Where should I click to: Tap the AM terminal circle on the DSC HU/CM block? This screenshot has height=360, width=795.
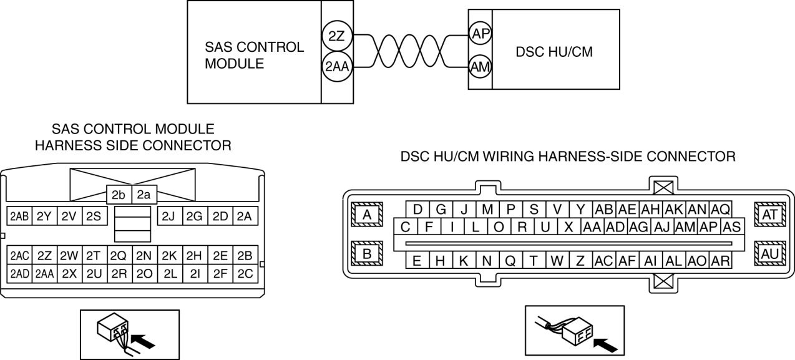coord(479,67)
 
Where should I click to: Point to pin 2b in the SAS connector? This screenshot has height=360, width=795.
coord(119,195)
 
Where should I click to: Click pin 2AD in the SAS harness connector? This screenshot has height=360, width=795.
coord(19,273)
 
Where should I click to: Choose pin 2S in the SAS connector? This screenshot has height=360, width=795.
coord(94,216)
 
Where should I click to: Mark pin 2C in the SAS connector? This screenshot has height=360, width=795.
coord(245,273)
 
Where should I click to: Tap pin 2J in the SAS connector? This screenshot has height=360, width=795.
coord(168,216)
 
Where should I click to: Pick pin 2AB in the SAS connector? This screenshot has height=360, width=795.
coord(19,216)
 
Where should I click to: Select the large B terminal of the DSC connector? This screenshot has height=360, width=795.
coord(367,254)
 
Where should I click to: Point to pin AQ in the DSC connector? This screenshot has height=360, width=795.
coord(720,209)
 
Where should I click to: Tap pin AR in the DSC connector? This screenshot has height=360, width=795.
coord(720,260)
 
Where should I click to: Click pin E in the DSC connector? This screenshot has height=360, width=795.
coord(417,260)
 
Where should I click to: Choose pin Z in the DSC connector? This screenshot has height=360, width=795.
coord(580,260)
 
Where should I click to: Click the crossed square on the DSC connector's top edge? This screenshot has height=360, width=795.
coord(661,185)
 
